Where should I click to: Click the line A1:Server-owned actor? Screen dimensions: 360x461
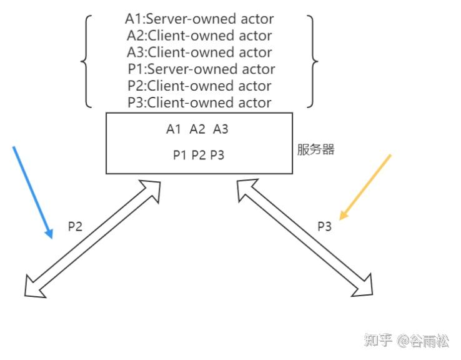coord(199,19)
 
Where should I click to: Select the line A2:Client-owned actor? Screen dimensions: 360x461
coord(199,36)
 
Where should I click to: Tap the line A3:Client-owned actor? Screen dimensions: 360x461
coord(199,52)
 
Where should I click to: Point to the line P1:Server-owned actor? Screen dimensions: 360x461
coord(200,69)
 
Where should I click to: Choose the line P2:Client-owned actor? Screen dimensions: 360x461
coord(199,86)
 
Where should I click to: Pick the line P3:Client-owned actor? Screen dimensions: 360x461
coord(199,102)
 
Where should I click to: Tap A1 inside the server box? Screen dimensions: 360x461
coord(174,129)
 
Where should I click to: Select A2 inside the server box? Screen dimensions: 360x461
coord(197,129)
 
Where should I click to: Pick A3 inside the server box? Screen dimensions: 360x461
coord(221,129)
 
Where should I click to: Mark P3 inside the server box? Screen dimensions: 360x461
coord(217,155)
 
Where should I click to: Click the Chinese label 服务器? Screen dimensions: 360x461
coord(315,150)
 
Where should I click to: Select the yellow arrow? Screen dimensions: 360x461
coord(365,186)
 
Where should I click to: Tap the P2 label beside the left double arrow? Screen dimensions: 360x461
coord(75,226)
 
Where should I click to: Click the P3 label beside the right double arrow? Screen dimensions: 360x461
coord(324,226)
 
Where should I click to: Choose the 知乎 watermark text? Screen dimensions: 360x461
coord(378,341)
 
